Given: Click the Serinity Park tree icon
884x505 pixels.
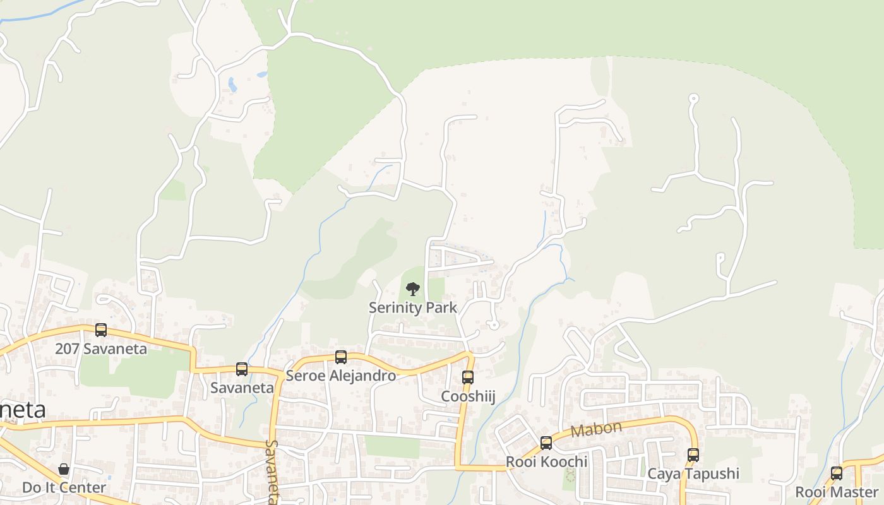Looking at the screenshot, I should tap(413, 289).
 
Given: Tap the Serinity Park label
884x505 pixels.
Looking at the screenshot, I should tap(413, 308).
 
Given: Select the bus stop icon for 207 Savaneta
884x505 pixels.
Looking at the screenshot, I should tap(101, 330).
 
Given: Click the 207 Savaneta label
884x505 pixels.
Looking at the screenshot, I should tap(101, 348).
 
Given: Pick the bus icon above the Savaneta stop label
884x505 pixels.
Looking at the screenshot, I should tap(242, 369).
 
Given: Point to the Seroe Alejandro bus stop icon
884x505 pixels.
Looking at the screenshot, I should tap(341, 357).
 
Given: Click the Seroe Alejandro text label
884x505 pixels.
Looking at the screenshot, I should tap(341, 376).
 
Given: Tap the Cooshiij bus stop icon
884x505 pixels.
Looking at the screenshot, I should tap(468, 377).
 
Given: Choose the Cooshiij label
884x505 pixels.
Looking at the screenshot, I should tap(468, 396).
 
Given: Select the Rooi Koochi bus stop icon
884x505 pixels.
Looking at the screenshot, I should tap(546, 443).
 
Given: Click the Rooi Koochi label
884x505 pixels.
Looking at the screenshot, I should tap(546, 462).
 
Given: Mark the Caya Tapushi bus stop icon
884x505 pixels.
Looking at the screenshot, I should tap(693, 454).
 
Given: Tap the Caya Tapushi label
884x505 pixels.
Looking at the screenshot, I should tap(693, 473).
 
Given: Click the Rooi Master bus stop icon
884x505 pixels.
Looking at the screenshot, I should tap(837, 473).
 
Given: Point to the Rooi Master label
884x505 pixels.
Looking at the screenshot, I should tap(837, 492).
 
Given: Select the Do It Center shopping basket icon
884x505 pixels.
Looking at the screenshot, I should tap(64, 469).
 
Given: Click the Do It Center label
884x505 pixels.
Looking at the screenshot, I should tap(64, 488).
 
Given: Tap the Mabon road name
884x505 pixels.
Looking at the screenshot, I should tap(596, 430).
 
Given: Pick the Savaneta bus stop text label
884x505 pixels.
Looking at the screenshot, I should tap(242, 388).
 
